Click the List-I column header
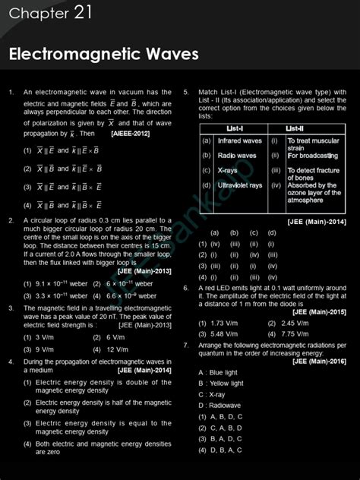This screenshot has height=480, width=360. point(232,128)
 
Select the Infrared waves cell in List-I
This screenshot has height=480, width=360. point(239,141)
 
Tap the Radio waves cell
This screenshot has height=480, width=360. point(236,156)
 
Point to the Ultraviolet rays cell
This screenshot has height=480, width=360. point(239,185)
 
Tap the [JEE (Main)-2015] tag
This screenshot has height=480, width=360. point(320,311)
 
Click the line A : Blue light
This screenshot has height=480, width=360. point(218,372)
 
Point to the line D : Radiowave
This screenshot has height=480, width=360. point(219,405)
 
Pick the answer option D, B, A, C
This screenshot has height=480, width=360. point(219,450)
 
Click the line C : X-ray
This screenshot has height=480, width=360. point(212,394)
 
